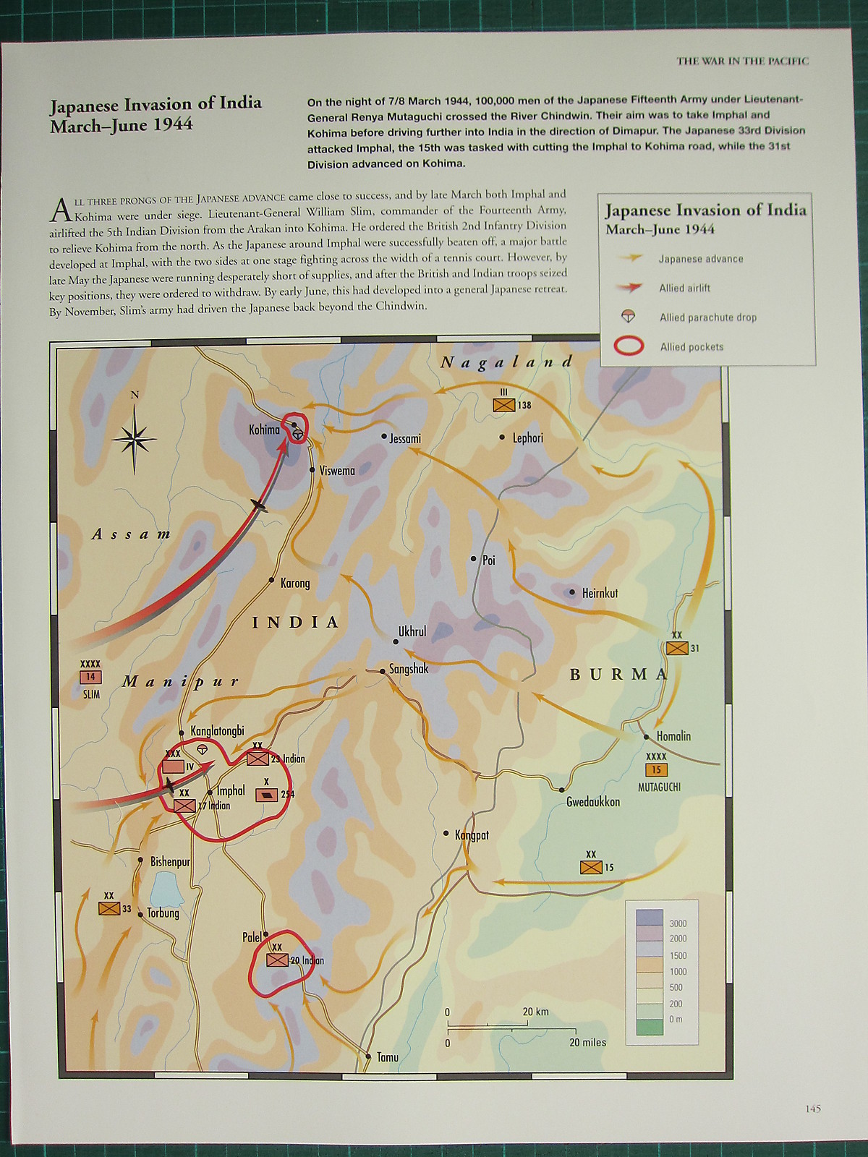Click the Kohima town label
coord(264,430)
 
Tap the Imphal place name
coord(231,790)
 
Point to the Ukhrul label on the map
coord(412,631)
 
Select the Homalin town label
coord(673,736)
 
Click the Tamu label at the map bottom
coord(388,1057)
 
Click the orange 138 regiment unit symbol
coord(503,405)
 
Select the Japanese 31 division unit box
coord(677,648)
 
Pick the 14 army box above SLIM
coord(90,678)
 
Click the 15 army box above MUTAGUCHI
coord(657,769)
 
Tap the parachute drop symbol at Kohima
coord(297,434)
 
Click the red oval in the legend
coord(629,346)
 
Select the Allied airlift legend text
coord(684,288)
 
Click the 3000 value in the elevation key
coord(678,923)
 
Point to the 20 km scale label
coord(535,1012)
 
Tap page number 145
coord(812,1109)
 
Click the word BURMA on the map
coord(619,675)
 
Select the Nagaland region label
coord(506,362)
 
